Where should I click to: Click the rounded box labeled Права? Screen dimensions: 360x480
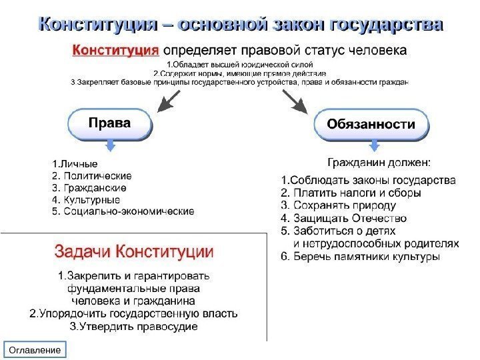pos(110,125)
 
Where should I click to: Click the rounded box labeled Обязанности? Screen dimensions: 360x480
pos(370,125)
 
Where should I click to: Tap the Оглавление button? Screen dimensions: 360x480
pos(33,350)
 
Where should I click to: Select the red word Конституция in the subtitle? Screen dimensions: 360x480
pos(115,49)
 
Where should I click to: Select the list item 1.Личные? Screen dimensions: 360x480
pos(75,163)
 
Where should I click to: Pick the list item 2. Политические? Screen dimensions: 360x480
pos(91,176)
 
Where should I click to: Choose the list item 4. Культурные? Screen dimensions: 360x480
pos(86,199)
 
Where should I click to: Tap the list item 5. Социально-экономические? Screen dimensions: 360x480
pos(123,211)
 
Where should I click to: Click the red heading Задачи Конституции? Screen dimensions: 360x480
pos(133,252)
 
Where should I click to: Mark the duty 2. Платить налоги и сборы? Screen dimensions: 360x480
pos(351,193)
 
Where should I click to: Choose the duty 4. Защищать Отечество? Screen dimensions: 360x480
pos(343,217)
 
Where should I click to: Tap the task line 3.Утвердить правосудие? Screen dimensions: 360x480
pos(133,327)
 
